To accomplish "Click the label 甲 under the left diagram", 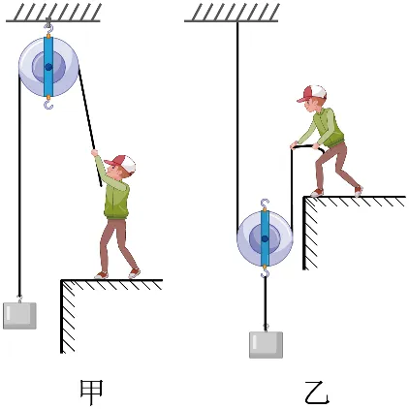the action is tap(91, 393).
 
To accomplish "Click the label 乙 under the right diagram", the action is tap(317, 393).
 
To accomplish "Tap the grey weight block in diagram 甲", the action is tap(19, 316).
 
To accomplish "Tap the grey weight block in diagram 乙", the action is tap(266, 345).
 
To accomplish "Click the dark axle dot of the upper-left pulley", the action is tap(48, 67).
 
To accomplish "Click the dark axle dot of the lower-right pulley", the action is tap(265, 238).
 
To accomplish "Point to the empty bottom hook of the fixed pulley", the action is tap(48, 104).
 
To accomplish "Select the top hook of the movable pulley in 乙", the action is tap(265, 204).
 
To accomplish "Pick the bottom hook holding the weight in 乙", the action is tap(265, 273).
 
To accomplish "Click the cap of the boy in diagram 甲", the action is tap(121, 163).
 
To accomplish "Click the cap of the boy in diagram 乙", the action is tap(312, 93).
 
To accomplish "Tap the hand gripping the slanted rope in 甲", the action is tap(94, 152).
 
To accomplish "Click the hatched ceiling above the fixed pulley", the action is tap(53, 13).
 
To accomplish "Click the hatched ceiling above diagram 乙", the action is tap(232, 13).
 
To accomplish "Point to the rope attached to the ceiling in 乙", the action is tap(237, 123).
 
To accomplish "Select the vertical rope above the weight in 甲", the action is tap(19, 184).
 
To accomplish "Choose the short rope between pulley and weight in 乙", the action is tap(266, 302).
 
